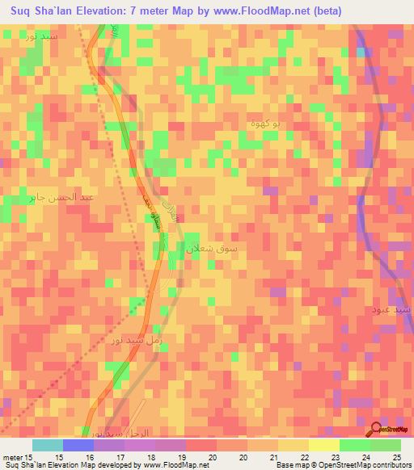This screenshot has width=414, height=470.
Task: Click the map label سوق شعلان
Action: tap(213, 250)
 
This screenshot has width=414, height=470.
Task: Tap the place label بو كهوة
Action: tap(264, 123)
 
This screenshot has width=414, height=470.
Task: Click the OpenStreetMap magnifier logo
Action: tap(377, 430)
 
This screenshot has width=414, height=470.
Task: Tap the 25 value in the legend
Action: tap(395, 456)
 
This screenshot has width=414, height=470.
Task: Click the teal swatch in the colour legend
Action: tap(48, 445)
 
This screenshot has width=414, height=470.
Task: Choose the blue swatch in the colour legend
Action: tap(78, 445)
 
